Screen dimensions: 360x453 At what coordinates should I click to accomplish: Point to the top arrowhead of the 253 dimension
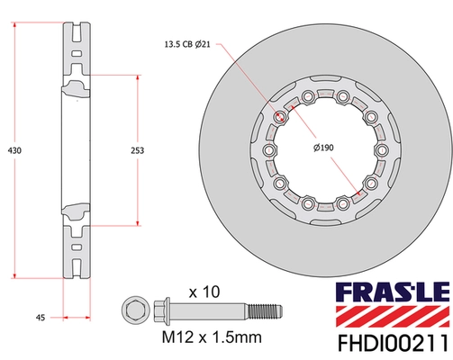click(x=139, y=77)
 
